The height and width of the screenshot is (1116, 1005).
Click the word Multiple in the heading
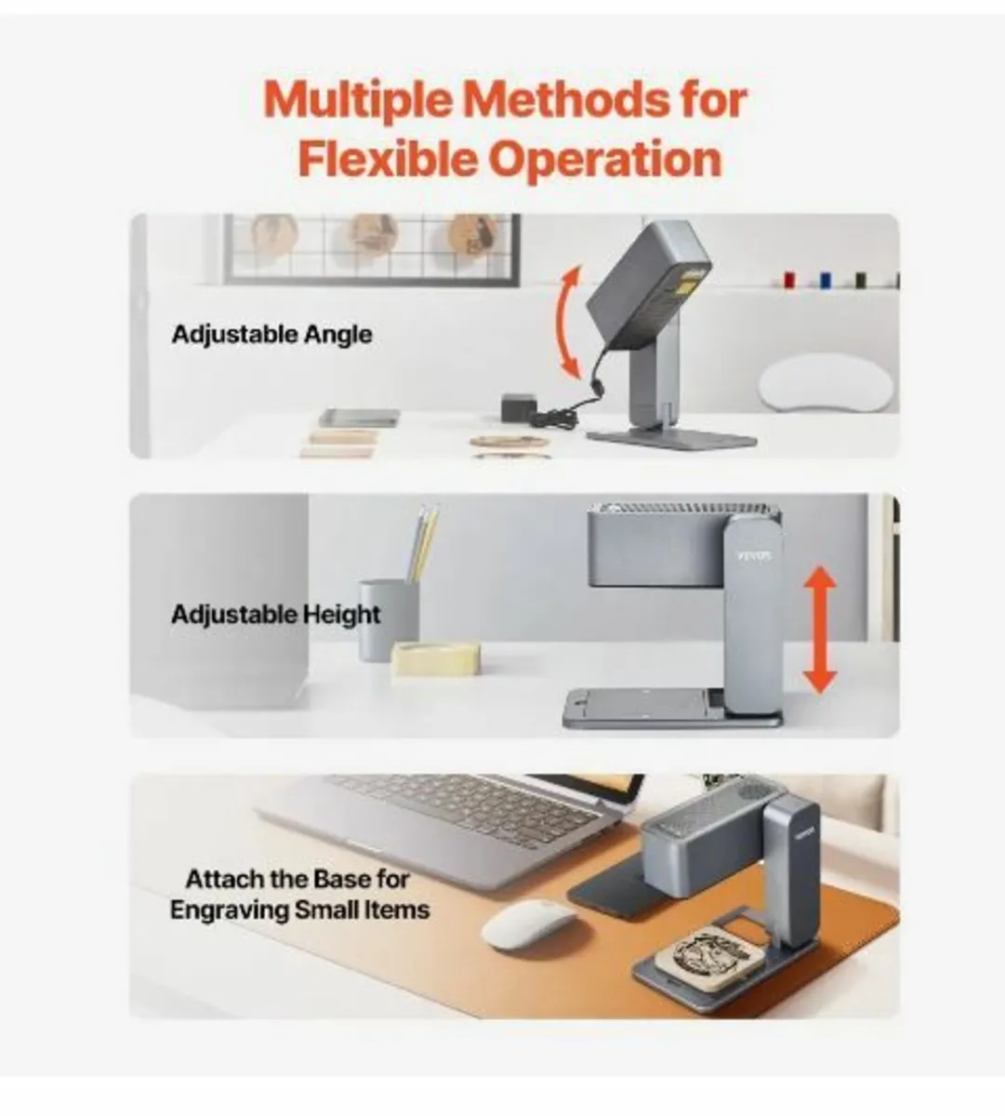click(x=358, y=100)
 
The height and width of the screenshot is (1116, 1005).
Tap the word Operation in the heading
click(x=605, y=160)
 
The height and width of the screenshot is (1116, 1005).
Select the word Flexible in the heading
click(x=387, y=158)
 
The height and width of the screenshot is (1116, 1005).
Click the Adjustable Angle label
click(x=272, y=335)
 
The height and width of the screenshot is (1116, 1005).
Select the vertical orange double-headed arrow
click(x=820, y=630)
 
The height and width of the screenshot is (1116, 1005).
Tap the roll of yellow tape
click(x=435, y=658)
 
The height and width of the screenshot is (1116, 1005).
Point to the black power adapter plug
click(x=517, y=407)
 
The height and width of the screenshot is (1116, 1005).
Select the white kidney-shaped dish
click(x=827, y=383)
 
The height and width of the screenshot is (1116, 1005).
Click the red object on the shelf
click(x=789, y=279)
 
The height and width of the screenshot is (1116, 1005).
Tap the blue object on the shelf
click(x=826, y=279)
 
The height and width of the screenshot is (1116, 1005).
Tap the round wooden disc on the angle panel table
click(x=509, y=442)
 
